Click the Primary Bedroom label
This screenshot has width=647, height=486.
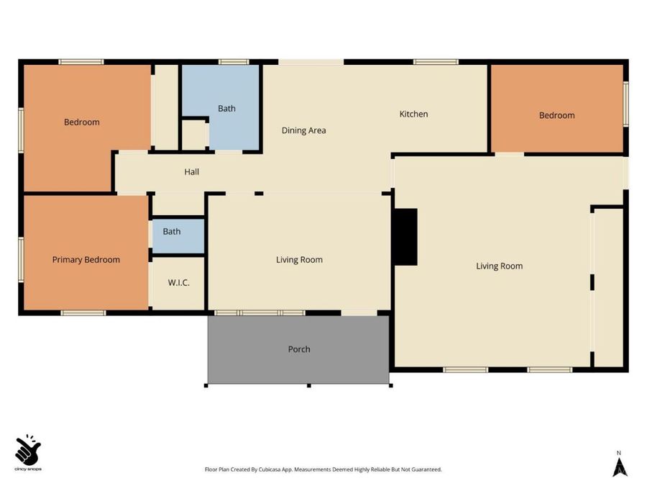86,260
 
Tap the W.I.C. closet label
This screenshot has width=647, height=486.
179,283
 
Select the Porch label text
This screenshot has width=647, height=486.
299,349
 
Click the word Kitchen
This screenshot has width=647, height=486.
413,114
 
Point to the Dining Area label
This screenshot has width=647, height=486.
303,130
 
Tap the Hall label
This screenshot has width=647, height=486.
191,172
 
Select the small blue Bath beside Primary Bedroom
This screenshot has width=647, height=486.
179,236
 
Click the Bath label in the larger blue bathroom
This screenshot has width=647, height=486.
226,109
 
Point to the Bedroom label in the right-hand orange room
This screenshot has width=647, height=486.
556,115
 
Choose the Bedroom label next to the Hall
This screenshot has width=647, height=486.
82,122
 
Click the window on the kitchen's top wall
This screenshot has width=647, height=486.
436,62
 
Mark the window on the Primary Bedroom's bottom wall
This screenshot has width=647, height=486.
83,313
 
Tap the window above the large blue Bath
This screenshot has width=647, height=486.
234,62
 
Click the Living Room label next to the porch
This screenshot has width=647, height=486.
299,260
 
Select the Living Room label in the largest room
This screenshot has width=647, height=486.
500,266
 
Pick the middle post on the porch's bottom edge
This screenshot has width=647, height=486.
308,386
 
